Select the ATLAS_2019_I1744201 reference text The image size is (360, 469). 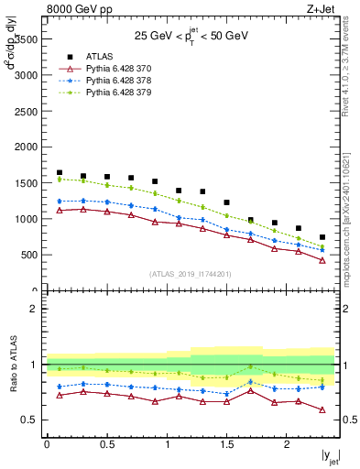(x=191, y=273)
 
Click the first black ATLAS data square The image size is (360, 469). (x=60, y=173)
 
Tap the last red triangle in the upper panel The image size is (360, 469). (x=322, y=260)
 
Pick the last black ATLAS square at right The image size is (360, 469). (x=322, y=237)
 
